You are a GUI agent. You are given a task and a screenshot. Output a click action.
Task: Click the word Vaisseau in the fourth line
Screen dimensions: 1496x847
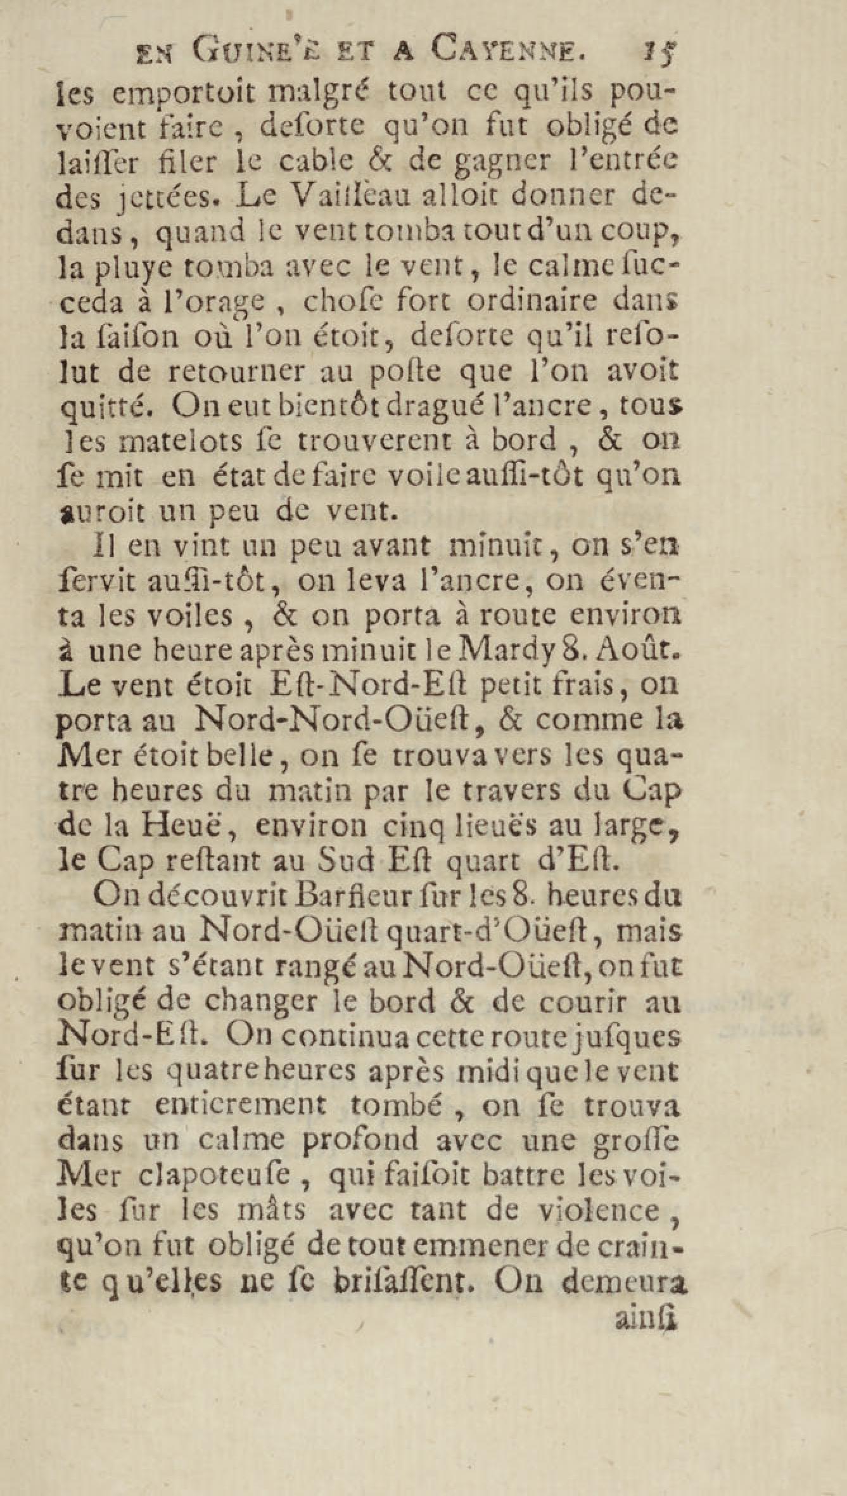(x=347, y=197)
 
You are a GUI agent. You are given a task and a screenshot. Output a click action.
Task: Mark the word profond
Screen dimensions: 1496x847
(x=360, y=1140)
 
